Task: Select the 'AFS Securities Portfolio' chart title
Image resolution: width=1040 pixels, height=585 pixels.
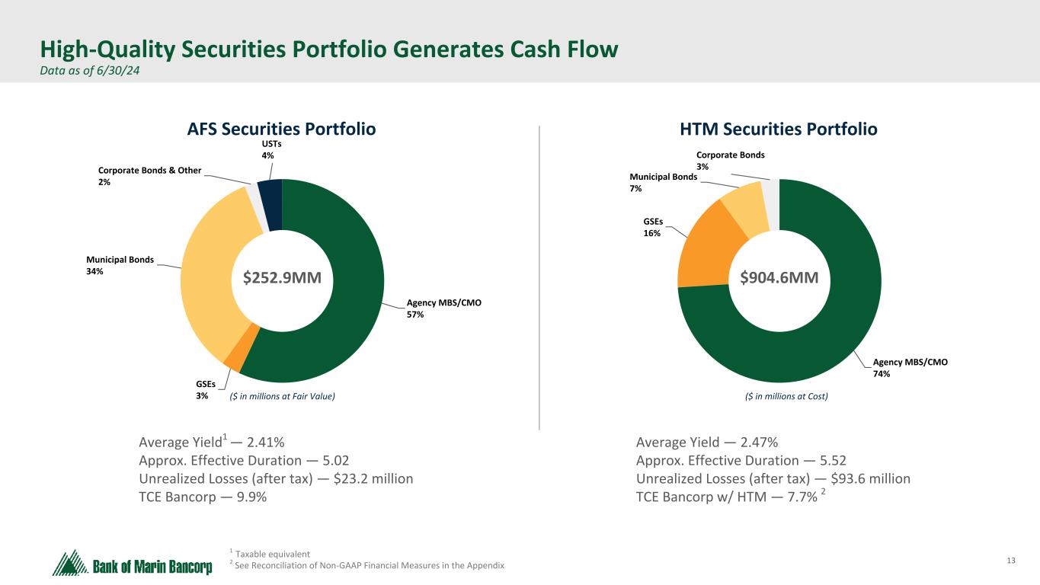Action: coord(282,129)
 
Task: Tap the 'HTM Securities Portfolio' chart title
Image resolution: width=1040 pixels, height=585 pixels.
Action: coord(779,129)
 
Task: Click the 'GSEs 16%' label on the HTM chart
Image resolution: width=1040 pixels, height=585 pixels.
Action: coord(652,227)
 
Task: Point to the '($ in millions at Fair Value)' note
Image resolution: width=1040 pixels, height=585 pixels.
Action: coord(283,396)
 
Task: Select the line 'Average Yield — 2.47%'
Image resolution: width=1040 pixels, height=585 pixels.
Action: coord(706,443)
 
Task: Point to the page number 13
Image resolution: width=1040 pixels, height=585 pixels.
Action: coord(1011,561)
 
